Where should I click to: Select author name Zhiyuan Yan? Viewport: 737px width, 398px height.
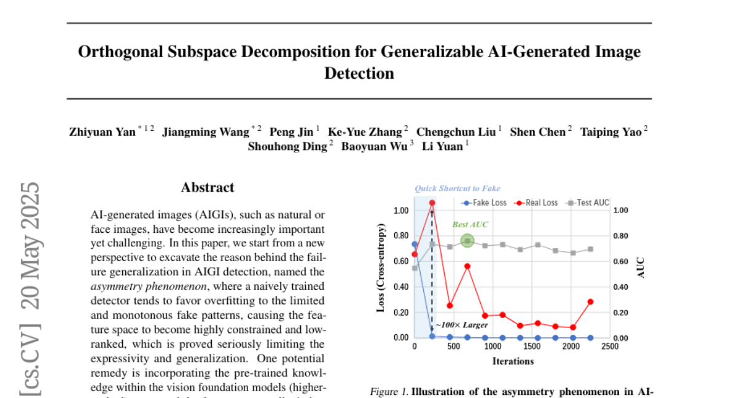103,132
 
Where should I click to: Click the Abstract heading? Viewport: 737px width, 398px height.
208,187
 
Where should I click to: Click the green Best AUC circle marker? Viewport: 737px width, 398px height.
467,241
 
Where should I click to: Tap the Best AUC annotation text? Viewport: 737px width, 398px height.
470,225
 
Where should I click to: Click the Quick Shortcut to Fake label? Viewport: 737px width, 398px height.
458,189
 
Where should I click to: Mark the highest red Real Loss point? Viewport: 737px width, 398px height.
432,203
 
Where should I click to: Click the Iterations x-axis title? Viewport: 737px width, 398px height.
513,361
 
